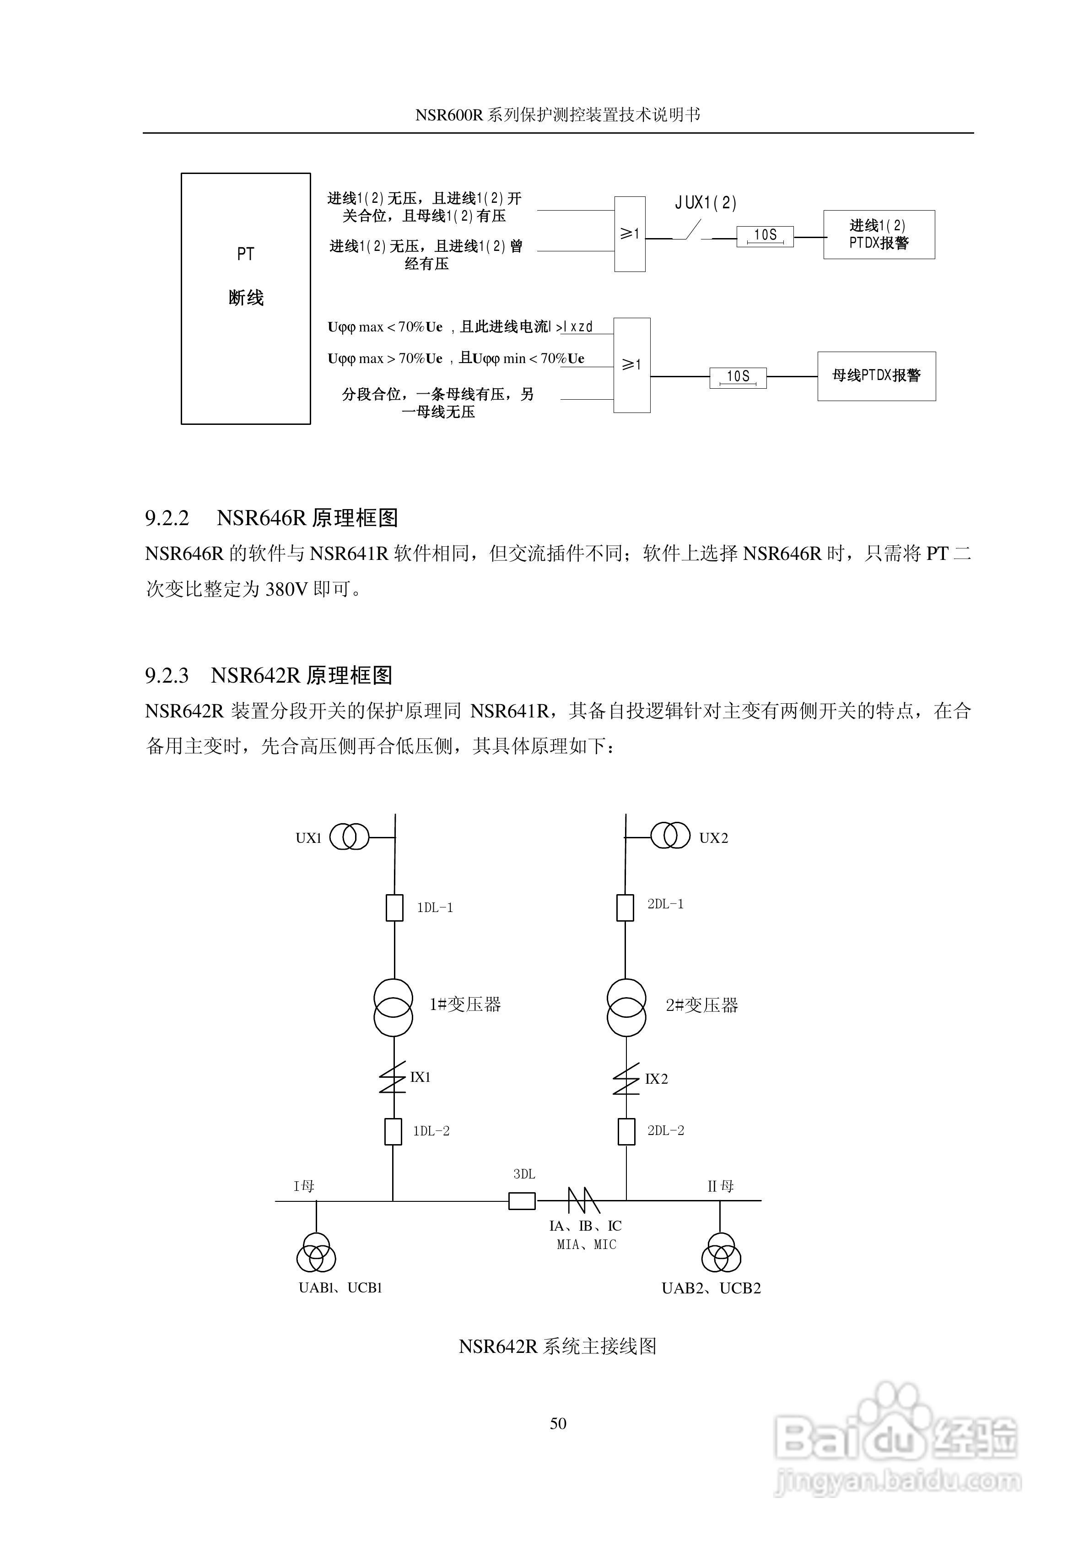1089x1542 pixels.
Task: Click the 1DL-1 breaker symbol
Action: coord(395,907)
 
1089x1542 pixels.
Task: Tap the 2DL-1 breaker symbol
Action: coord(625,907)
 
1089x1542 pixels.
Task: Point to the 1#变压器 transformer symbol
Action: coord(394,1007)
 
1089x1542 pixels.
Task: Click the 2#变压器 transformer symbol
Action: coord(626,1007)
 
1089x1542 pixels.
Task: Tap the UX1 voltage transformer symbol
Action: coord(349,837)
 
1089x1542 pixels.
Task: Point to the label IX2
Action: coord(656,1079)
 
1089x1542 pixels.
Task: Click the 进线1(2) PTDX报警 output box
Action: coord(879,234)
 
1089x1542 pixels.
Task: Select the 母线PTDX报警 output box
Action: coord(876,376)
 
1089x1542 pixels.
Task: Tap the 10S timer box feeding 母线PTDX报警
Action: coord(738,377)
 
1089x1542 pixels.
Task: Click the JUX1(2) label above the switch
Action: coord(706,202)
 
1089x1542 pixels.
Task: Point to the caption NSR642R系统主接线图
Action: coord(557,1347)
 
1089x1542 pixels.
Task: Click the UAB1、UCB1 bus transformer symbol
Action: coord(316,1252)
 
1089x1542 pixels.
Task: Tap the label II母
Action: coord(720,1186)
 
